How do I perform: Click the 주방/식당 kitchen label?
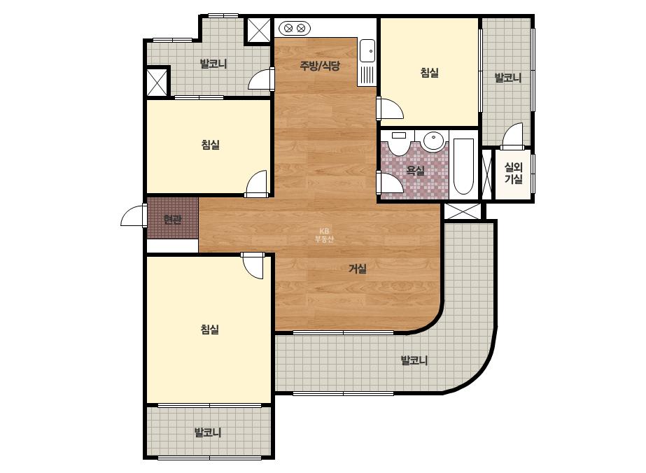[320, 66]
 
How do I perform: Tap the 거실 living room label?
[358, 269]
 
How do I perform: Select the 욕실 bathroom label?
[415, 170]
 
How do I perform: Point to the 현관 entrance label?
[172, 220]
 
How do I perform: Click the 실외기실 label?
[514, 173]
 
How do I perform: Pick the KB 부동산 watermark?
[324, 235]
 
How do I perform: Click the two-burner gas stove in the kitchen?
[295, 29]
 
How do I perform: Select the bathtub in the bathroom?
[463, 166]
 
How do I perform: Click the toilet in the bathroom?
[398, 143]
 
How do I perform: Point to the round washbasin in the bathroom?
[433, 141]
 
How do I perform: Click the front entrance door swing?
[132, 216]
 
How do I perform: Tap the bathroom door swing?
[391, 182]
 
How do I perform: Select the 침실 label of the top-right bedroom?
[429, 73]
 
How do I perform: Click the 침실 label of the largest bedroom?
[210, 329]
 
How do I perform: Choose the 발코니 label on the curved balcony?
[414, 360]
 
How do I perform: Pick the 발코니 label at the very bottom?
[208, 432]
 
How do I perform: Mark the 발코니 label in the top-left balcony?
[213, 64]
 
